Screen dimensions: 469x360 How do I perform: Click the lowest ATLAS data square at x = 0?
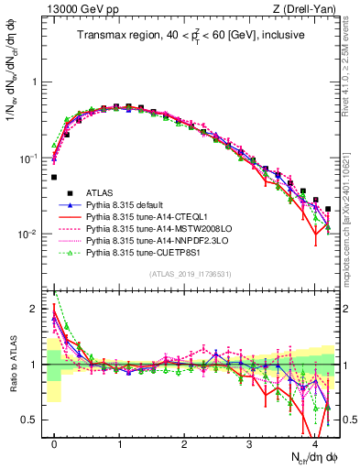[54, 178]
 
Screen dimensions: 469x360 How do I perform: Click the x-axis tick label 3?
[249, 443]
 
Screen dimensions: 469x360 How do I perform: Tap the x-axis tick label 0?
[54, 443]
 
